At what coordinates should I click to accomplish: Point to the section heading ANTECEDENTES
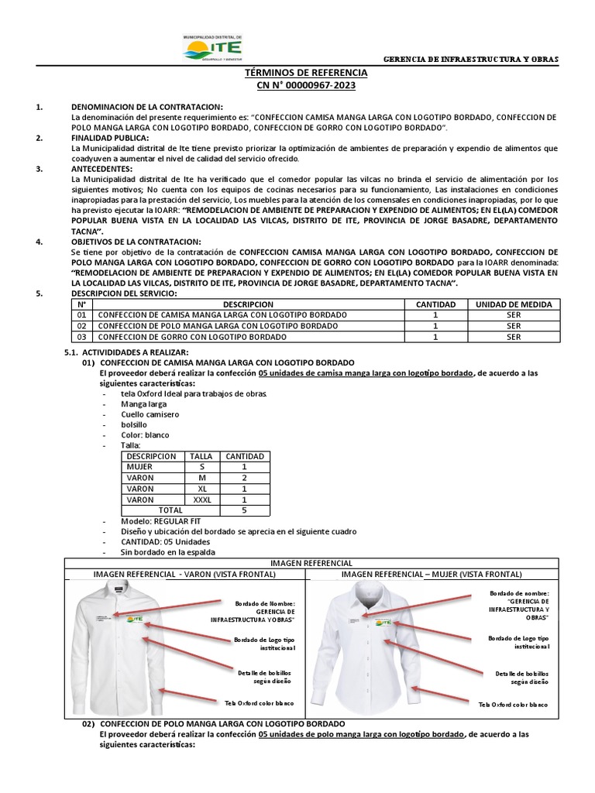(x=101, y=168)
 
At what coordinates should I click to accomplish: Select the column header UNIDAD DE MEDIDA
(x=514, y=305)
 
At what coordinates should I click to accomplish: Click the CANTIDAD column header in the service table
(x=436, y=305)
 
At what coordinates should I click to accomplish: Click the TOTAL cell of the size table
(x=170, y=510)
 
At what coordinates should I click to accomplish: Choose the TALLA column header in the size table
(x=201, y=456)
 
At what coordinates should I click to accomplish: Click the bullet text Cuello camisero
(x=150, y=414)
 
